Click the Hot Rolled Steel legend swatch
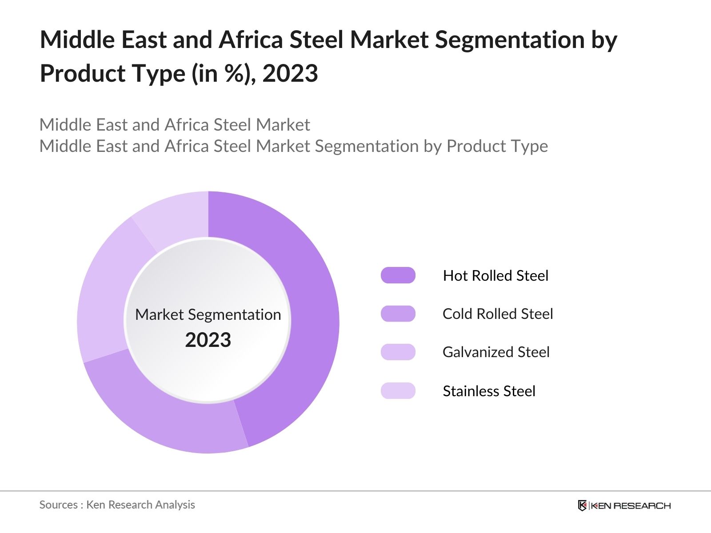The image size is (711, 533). (x=398, y=275)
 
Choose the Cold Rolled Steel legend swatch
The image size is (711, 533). (x=398, y=314)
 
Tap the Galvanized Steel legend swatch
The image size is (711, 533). (x=398, y=352)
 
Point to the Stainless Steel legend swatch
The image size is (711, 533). (x=398, y=390)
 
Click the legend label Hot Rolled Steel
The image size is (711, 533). (x=495, y=276)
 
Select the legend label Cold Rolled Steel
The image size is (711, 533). (x=498, y=314)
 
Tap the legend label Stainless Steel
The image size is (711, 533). (x=489, y=391)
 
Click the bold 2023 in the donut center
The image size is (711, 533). (x=208, y=340)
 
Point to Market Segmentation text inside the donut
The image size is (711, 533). (x=208, y=314)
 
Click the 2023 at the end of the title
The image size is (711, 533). (x=290, y=73)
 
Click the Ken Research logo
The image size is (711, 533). (x=624, y=505)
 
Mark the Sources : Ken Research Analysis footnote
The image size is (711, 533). (x=117, y=505)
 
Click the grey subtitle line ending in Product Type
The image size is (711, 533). (x=294, y=146)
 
